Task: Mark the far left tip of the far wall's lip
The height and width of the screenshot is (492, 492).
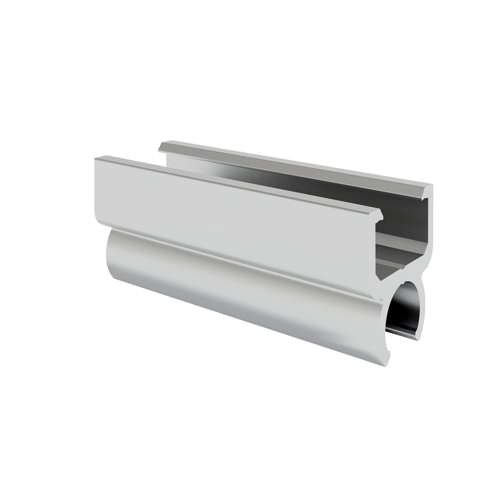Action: click(161, 145)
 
